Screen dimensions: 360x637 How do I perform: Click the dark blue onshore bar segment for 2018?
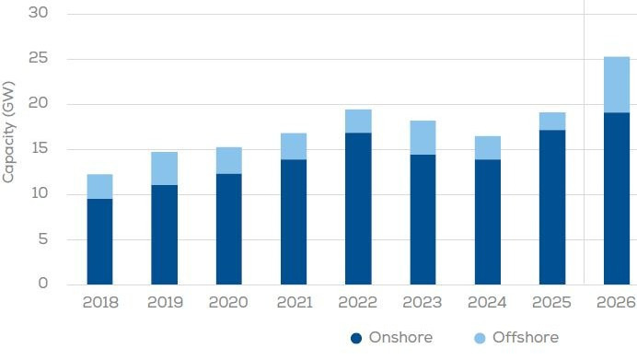(99, 241)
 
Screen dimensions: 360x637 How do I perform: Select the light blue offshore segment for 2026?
(616, 85)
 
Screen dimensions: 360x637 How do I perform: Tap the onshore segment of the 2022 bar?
(358, 208)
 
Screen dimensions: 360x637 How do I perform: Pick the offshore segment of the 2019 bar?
(164, 168)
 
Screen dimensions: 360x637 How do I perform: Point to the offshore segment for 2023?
(423, 137)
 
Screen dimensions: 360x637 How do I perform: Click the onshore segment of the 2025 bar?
(551, 207)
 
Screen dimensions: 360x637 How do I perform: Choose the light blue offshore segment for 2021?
(294, 146)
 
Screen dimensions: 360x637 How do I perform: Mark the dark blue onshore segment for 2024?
(487, 222)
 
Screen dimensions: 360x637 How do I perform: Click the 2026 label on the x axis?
(616, 303)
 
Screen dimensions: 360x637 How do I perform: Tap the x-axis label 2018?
(99, 303)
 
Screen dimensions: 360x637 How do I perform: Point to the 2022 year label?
(358, 303)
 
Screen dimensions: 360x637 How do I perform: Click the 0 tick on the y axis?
(43, 285)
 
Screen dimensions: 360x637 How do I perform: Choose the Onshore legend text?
(400, 338)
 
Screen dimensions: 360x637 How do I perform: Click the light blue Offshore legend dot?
(481, 338)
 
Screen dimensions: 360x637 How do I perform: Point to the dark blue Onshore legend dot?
(356, 338)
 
